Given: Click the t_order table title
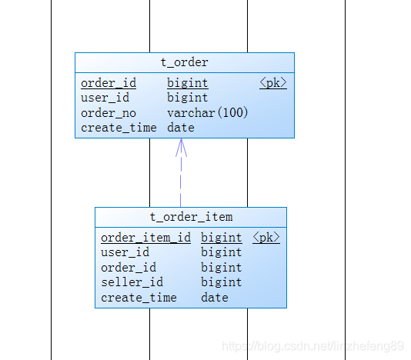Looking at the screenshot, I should tap(184, 62).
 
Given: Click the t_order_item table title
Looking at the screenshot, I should tap(191, 217).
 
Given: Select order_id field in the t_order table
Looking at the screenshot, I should tap(109, 83).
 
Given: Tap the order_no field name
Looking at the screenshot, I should tap(109, 113).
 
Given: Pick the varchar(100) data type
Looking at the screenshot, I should tap(207, 113).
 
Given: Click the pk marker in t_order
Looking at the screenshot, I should tap(273, 83).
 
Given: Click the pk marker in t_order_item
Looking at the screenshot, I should tap(266, 238).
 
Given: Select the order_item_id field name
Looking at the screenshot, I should tap(145, 238).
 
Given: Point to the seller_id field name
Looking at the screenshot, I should tap(132, 282).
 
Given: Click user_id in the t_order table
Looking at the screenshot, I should tap(105, 98).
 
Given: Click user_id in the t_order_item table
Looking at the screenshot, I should tap(125, 252).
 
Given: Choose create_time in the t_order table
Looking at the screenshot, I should tap(119, 128).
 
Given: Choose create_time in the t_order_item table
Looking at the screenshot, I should tap(139, 298).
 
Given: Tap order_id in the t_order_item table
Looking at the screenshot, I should tap(129, 268).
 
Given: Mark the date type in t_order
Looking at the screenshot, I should tap(181, 128).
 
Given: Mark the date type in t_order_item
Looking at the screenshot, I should tap(215, 298).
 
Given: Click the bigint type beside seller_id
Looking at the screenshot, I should tap(222, 282).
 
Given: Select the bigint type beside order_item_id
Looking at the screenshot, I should tap(222, 238).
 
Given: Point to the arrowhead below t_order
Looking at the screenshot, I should tap(181, 148).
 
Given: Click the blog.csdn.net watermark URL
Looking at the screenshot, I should tap(312, 347).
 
